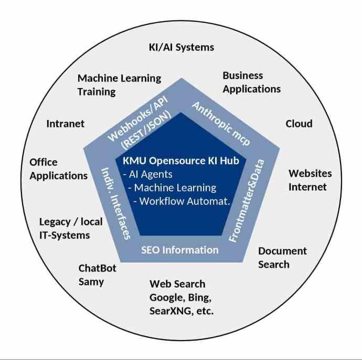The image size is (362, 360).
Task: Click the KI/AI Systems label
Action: (181, 47)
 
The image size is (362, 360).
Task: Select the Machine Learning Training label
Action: (119, 85)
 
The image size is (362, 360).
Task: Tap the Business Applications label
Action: (251, 82)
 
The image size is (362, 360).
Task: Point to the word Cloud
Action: (299, 124)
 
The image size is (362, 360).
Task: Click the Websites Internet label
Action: (310, 180)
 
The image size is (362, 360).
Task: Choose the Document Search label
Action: (282, 258)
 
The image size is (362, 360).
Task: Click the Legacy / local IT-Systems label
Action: (71, 228)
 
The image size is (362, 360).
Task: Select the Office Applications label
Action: (58, 169)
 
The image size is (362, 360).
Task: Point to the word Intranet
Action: (65, 124)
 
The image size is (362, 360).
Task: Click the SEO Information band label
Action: (180, 249)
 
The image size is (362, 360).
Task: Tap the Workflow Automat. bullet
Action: (181, 201)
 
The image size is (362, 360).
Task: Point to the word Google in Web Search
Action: (166, 298)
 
